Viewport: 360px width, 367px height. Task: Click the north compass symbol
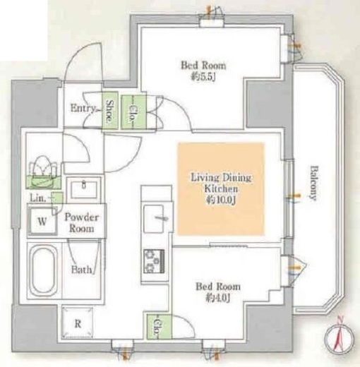339,338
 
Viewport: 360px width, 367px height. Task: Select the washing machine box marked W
42,221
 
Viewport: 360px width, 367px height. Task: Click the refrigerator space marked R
78,323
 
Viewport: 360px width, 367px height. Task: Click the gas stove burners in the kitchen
154,261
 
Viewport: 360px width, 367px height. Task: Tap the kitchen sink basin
153,219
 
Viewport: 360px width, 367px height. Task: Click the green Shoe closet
109,110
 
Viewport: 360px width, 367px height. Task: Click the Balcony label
313,183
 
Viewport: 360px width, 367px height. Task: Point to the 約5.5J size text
203,77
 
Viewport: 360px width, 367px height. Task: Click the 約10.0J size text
221,200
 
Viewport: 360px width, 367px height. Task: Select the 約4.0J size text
217,298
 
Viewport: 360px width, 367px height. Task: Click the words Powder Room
81,222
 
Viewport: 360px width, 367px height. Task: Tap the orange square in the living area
221,188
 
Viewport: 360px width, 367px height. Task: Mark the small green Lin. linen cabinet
57,198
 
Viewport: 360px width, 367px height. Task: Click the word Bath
81,270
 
